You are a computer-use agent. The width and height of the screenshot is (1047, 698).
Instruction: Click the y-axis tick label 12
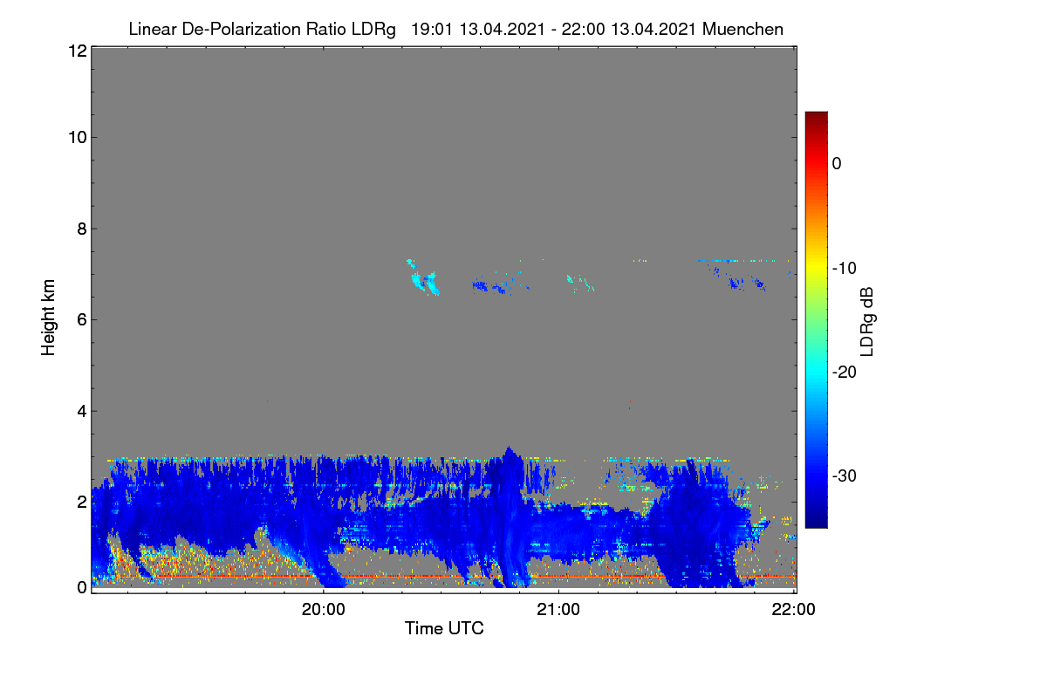(78, 51)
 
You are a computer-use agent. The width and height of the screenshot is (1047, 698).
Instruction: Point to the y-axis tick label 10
(78, 138)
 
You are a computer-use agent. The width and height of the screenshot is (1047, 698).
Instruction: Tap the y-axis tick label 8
(82, 229)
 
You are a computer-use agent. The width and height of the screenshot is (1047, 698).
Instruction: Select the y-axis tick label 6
(82, 320)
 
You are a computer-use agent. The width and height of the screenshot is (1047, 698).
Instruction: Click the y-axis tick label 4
(82, 412)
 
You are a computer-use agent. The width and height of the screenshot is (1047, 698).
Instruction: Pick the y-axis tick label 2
(82, 502)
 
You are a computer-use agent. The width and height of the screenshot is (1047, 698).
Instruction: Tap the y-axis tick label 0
(82, 587)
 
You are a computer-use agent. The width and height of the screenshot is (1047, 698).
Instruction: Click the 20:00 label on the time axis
(324, 609)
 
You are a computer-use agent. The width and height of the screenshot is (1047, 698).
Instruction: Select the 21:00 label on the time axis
(558, 609)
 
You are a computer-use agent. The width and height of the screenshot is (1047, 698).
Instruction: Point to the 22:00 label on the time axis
(793, 609)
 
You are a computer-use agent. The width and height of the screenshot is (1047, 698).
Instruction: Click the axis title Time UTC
(444, 628)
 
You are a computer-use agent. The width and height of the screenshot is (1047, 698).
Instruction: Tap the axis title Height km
(48, 318)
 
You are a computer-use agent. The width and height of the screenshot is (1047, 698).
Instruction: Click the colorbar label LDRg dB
(867, 322)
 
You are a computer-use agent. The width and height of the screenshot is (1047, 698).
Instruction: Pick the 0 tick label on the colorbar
(837, 164)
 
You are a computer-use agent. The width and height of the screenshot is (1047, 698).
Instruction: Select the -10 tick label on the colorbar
(845, 269)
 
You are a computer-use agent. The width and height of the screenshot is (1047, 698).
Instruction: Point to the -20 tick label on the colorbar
(845, 373)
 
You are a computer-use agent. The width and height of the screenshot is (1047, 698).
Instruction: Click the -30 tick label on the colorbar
(845, 476)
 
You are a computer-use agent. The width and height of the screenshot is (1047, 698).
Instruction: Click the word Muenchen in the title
(742, 29)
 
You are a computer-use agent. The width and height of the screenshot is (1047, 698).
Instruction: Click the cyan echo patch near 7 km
(423, 277)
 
